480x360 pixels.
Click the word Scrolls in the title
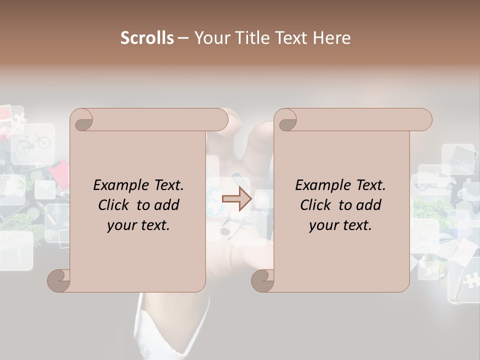147,38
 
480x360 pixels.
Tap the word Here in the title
331,38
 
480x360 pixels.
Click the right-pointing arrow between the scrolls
237,199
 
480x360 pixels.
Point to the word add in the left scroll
167,205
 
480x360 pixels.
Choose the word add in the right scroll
369,205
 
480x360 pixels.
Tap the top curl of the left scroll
82,120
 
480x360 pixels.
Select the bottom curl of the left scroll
59,281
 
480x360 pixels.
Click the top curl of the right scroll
286,120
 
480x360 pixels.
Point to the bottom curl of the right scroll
263,281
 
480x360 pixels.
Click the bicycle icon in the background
33,142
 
